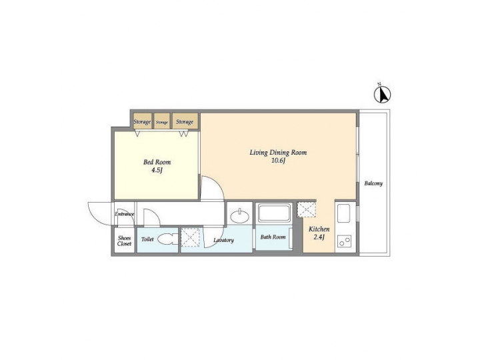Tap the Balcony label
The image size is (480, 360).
click(x=373, y=184)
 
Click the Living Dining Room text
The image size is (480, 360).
click(x=278, y=153)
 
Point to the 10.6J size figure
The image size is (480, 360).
click(x=278, y=161)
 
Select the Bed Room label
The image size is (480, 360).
click(x=157, y=162)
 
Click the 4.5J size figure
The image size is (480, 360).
click(x=157, y=171)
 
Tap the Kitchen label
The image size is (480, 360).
click(x=319, y=229)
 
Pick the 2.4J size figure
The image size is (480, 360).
click(x=319, y=238)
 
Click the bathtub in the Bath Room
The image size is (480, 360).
click(x=273, y=214)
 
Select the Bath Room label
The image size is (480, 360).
click(x=273, y=237)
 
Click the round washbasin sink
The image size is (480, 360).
click(x=239, y=216)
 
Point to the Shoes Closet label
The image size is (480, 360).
click(x=125, y=241)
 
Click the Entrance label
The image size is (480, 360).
click(x=125, y=214)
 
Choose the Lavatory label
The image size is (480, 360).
click(x=223, y=240)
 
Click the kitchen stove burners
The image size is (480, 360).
click(x=345, y=241)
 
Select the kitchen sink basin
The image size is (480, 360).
click(x=345, y=215)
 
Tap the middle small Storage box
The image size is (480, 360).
click(x=162, y=122)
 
